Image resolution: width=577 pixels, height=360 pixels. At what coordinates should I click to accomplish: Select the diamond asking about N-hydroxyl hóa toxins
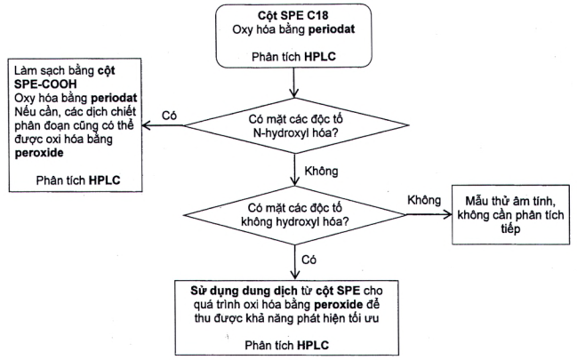point(293,128)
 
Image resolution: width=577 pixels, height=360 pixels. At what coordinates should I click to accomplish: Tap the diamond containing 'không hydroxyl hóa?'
point(293,214)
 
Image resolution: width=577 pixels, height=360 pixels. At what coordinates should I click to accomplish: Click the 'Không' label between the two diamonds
point(322,169)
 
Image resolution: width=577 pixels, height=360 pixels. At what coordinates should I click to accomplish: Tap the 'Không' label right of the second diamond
point(424,201)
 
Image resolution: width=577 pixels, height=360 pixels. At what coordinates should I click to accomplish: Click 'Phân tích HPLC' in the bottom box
point(293,342)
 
